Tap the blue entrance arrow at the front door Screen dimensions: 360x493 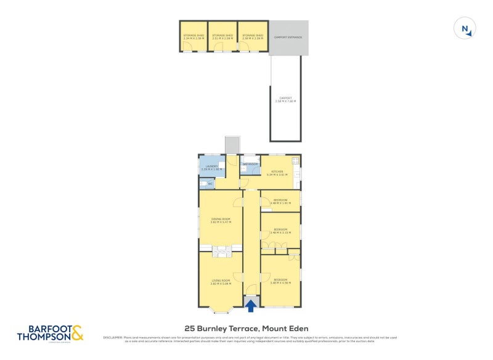(x=251, y=303)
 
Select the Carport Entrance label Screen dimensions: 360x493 (x=288, y=38)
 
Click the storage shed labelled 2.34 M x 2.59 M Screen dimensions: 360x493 (x=193, y=36)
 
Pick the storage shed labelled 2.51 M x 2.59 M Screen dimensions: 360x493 (x=222, y=36)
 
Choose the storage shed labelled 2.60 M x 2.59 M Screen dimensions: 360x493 (x=253, y=36)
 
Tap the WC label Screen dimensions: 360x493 (x=210, y=184)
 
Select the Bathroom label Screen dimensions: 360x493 (x=250, y=164)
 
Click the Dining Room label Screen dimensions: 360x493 (x=221, y=219)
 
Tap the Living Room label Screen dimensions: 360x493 (x=221, y=282)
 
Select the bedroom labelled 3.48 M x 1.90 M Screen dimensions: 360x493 (x=280, y=201)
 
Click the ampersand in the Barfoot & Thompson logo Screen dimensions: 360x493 (x=77, y=333)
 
